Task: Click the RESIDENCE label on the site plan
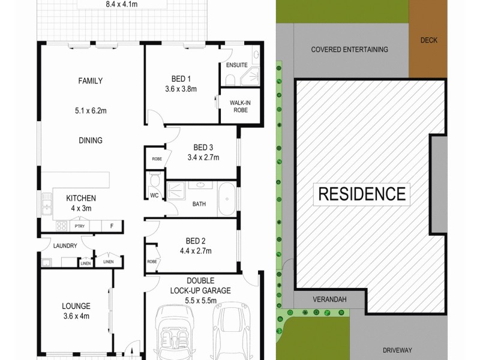click(361, 194)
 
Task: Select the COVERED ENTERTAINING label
click(350, 50)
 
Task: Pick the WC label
click(153, 195)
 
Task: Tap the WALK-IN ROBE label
click(239, 106)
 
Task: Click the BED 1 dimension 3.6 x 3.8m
click(181, 89)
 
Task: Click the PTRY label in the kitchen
click(79, 226)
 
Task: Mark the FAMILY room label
click(91, 81)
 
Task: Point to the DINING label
click(91, 140)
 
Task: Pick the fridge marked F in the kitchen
click(112, 226)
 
